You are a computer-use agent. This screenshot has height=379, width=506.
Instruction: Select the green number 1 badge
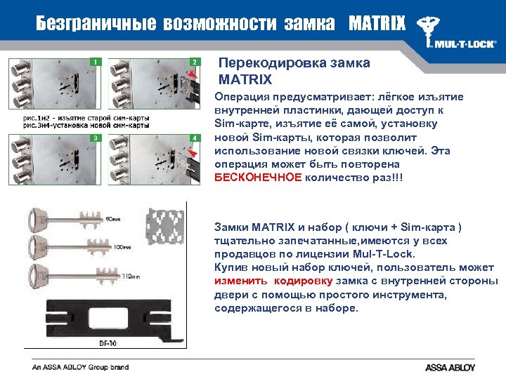[94, 62]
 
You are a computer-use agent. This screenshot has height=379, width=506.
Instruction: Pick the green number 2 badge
[194, 62]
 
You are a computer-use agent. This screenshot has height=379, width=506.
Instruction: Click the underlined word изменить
[239, 281]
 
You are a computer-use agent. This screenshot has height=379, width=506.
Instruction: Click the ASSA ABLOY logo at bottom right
[450, 368]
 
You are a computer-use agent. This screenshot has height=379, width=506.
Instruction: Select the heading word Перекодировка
[264, 63]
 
